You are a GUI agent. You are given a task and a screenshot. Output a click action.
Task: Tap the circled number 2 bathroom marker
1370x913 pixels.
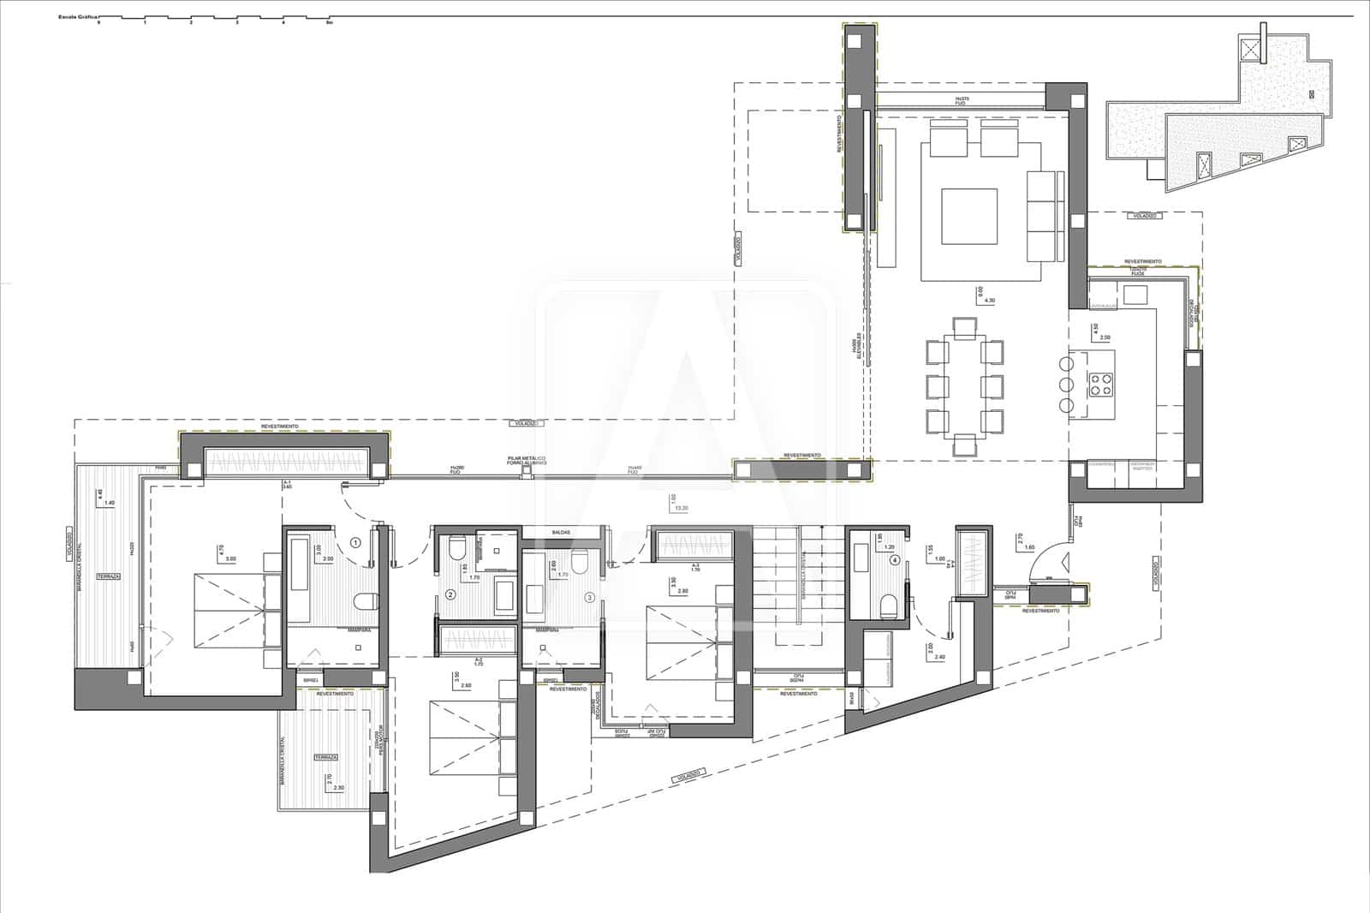coord(450,595)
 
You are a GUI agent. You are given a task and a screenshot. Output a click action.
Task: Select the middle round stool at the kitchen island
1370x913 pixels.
coord(1065,383)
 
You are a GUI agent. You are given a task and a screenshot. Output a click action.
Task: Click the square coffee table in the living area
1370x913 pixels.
coord(969,217)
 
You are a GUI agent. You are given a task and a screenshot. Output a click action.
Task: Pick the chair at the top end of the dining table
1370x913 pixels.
coord(964,326)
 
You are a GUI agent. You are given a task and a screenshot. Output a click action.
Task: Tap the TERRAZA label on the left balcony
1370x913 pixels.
coord(108,576)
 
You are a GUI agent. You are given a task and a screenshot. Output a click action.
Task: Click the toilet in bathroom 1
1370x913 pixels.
coord(366,602)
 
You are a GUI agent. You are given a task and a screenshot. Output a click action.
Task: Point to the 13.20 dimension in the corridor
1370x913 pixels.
coord(682,508)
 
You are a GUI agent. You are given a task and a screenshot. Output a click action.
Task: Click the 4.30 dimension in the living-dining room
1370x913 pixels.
coord(990,301)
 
